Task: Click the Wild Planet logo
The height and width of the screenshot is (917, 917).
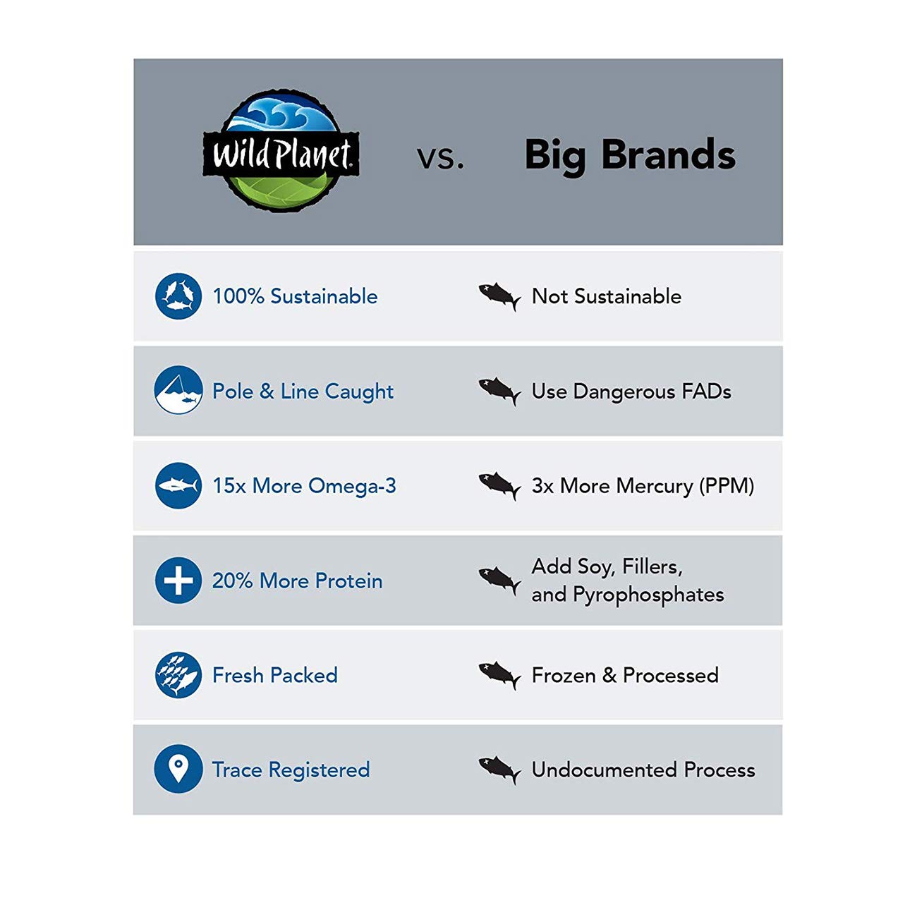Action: coord(281,150)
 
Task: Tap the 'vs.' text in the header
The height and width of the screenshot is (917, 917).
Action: coord(440,158)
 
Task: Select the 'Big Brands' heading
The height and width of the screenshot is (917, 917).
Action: coord(630,156)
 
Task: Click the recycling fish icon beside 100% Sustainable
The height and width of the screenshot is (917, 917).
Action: coord(178,296)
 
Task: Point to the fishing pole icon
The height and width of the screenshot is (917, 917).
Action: coord(178,390)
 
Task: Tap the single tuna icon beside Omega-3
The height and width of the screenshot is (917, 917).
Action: coord(178,485)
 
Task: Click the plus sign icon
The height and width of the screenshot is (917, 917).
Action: coord(178,580)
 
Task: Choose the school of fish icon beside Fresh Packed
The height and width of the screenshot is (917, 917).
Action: coord(178,675)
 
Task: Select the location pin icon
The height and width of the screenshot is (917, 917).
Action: coord(178,769)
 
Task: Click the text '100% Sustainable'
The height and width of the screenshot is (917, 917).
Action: coord(295,296)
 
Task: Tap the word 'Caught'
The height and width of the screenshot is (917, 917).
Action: coord(359,392)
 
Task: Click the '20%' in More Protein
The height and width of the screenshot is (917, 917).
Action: coord(232,581)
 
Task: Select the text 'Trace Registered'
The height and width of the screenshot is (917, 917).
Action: coord(291,770)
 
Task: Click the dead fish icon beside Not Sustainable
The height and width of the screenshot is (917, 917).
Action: coord(499,296)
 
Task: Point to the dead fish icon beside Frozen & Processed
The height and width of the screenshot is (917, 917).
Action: coord(499,675)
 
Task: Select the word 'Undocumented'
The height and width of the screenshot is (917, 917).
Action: coord(604,770)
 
